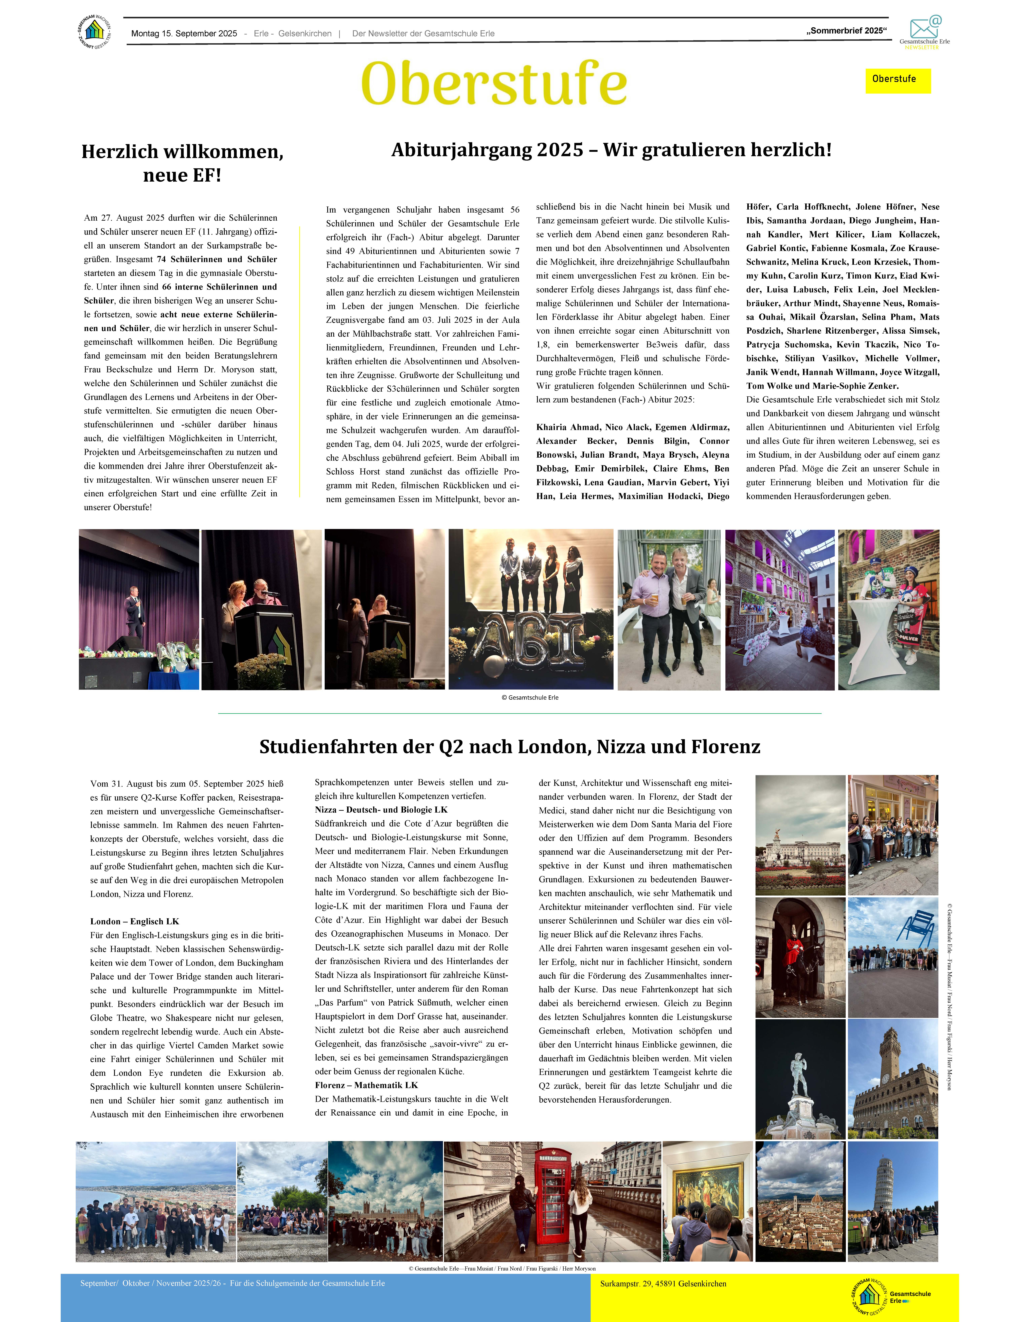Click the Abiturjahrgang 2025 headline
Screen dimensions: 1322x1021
[611, 149]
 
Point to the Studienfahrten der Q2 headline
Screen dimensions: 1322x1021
[510, 746]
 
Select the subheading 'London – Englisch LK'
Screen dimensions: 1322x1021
[134, 921]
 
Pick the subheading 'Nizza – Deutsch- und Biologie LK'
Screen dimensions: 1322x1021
[381, 810]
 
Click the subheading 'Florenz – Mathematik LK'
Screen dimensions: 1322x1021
[366, 1085]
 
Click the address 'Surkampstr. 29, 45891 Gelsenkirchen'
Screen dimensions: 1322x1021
[663, 1283]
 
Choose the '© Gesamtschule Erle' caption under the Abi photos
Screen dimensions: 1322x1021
[530, 697]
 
